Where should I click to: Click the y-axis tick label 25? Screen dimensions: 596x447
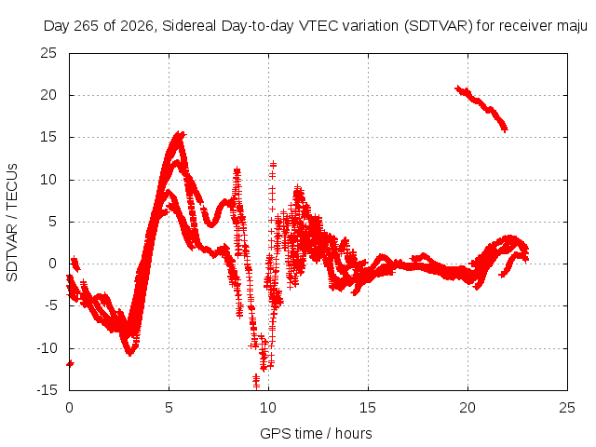coord(48,53)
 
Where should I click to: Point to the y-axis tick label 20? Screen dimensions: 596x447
coord(48,95)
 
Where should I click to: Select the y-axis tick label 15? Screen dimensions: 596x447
coord(48,137)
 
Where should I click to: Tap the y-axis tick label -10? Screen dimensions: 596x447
coord(47,348)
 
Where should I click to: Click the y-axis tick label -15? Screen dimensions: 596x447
coord(47,390)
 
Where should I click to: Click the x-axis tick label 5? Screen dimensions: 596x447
coord(169,408)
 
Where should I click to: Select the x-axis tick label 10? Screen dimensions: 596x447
coord(268,408)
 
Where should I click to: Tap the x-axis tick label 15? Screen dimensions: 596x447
coord(368,408)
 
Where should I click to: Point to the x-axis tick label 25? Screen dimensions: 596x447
coord(567,408)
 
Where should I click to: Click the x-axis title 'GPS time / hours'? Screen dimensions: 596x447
coord(316,434)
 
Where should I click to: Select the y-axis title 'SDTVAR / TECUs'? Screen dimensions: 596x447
coord(12,223)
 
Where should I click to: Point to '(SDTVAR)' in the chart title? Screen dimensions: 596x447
coord(438,26)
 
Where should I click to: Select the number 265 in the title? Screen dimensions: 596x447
coord(87,26)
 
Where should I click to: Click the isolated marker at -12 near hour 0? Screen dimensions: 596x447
coord(71,364)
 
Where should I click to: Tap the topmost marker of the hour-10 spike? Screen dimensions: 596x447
coord(273,165)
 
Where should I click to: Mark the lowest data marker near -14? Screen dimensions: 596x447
coord(257,386)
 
